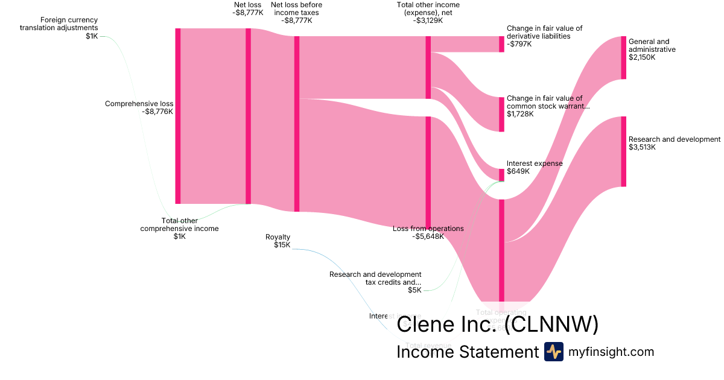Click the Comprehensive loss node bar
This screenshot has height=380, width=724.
coord(178,116)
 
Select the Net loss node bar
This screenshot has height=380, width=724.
coord(248,116)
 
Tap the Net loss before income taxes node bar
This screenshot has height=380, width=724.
coord(296,124)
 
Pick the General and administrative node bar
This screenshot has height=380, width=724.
coord(624,57)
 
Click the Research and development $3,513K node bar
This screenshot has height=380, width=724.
coord(624,151)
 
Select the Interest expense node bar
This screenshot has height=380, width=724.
coord(501,174)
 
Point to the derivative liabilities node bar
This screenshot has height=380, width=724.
coord(501,44)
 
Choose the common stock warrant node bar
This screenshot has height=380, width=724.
coord(501,114)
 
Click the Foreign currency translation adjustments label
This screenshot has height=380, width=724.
coord(59,24)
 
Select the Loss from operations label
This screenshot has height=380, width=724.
coord(428,229)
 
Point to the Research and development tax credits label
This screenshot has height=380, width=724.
coord(375,278)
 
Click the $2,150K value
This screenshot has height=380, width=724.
coord(642,57)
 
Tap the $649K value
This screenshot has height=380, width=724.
coord(518,171)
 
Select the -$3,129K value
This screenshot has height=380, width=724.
coord(428,20)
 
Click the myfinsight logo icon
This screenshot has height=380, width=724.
coord(553,352)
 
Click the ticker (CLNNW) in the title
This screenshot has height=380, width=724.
coord(551,325)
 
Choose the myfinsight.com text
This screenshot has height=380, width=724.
coord(611,352)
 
